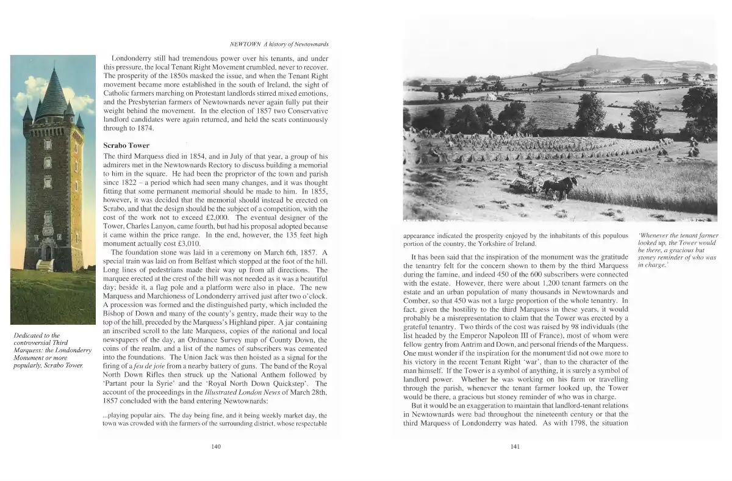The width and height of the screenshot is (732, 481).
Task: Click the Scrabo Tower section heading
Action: (126, 145)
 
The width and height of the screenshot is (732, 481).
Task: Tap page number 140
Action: (215, 447)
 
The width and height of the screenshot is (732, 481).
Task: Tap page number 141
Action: (514, 447)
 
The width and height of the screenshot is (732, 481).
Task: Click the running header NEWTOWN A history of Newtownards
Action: (278, 44)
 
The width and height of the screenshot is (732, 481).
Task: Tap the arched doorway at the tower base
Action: (47, 252)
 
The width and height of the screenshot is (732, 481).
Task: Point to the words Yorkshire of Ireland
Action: (506, 244)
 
